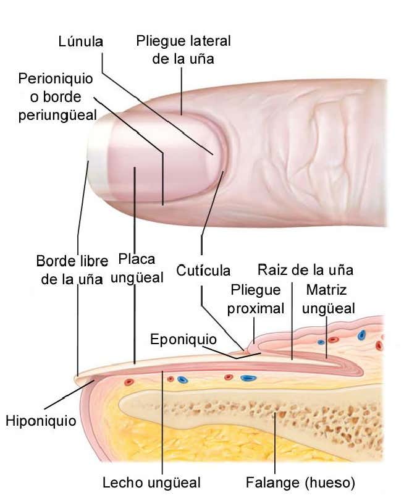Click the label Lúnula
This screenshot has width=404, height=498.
point(80,41)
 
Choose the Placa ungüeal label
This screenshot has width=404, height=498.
point(137,268)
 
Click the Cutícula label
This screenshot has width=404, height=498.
point(203,271)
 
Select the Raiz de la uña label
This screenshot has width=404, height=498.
point(305,270)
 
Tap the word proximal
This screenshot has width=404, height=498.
point(256,308)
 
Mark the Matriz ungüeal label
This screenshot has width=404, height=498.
point(327,299)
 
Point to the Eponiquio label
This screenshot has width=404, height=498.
point(183,339)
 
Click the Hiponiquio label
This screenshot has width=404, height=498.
point(41,422)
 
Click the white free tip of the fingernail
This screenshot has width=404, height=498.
point(97,157)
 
